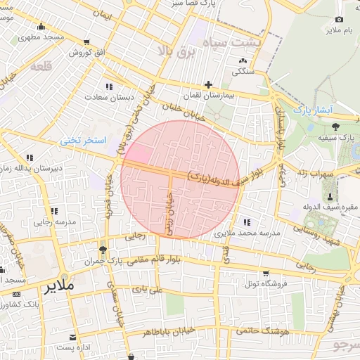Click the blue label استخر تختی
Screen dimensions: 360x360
[83, 141]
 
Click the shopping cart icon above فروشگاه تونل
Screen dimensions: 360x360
[265, 273]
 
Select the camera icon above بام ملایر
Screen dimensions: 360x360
[340, 20]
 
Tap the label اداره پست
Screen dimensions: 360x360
[74, 348]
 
